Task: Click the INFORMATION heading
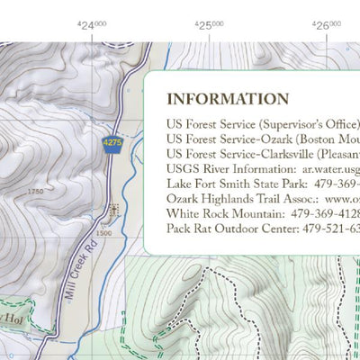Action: point(228,99)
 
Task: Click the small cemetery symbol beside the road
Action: point(113,211)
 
